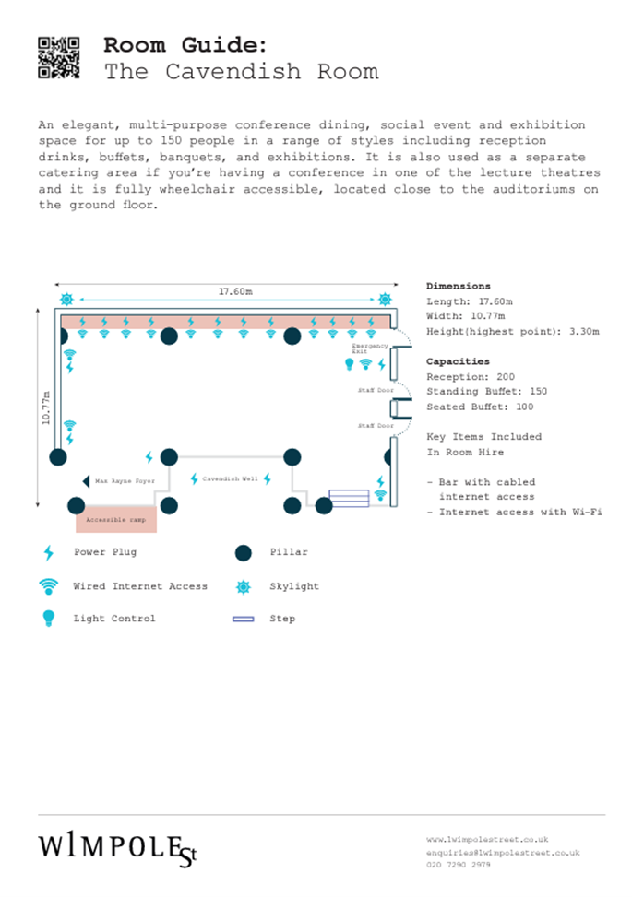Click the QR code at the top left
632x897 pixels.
pyautogui.click(x=58, y=56)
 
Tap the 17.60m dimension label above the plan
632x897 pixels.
pyautogui.click(x=235, y=291)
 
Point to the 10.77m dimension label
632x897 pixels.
pyautogui.click(x=46, y=407)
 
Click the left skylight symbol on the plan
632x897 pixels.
pyautogui.click(x=66, y=299)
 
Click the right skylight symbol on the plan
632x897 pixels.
pyautogui.click(x=385, y=299)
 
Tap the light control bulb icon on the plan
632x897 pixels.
pyautogui.click(x=350, y=364)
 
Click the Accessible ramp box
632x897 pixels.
pyautogui.click(x=116, y=520)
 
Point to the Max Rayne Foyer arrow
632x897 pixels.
pyautogui.click(x=86, y=481)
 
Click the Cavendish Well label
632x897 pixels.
pyautogui.click(x=230, y=479)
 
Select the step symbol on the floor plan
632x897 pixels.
pyautogui.click(x=349, y=498)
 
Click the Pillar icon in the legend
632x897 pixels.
pyautogui.click(x=243, y=553)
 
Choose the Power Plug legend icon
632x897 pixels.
pyautogui.click(x=49, y=553)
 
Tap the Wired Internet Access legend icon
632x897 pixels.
pyautogui.click(x=48, y=586)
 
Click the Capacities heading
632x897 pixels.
pyautogui.click(x=458, y=361)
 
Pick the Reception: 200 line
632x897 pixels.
pyautogui.click(x=471, y=377)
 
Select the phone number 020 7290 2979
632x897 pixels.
pyautogui.click(x=459, y=865)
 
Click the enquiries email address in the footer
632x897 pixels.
pyautogui.click(x=503, y=853)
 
